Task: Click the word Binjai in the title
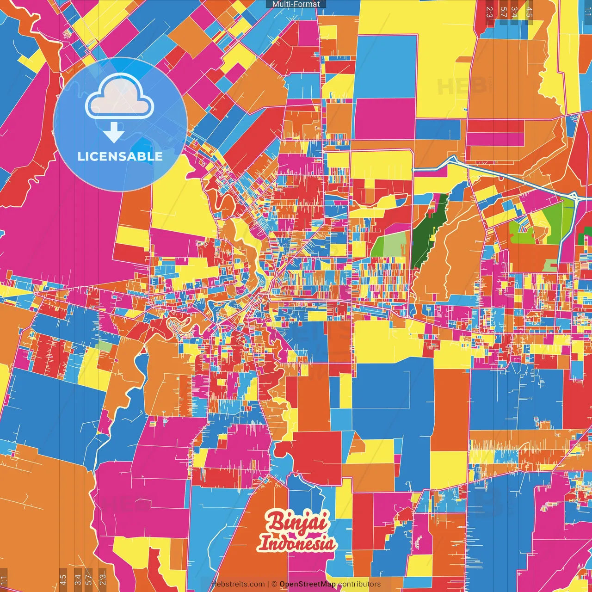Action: pyautogui.click(x=298, y=523)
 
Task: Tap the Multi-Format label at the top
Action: pyautogui.click(x=296, y=4)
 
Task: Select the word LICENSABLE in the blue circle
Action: pyautogui.click(x=120, y=156)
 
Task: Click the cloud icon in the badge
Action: pyautogui.click(x=119, y=97)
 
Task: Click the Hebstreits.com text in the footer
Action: pyautogui.click(x=238, y=584)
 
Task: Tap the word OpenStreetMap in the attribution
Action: pyautogui.click(x=308, y=584)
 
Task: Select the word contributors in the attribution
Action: pyautogui.click(x=359, y=584)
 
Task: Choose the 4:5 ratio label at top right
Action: pyautogui.click(x=529, y=12)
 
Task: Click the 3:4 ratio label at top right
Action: pyautogui.click(x=514, y=12)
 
